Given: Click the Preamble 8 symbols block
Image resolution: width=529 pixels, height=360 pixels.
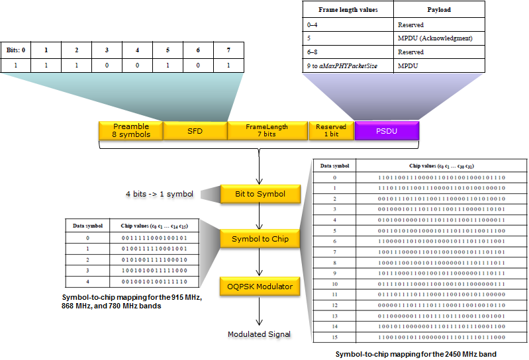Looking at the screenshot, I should [131, 130].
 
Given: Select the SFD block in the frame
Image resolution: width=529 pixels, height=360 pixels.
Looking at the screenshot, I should [195, 130].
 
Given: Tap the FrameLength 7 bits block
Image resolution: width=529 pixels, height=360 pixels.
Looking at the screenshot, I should [267, 130].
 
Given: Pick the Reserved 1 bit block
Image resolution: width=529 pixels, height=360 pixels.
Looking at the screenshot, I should [331, 130].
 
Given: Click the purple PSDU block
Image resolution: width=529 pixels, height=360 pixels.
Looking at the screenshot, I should [387, 130].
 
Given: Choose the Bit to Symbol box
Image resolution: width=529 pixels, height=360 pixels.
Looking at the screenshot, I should [260, 194].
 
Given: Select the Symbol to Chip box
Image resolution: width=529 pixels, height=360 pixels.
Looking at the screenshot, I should [260, 238].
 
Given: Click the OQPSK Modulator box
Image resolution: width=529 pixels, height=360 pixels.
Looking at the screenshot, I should [260, 287].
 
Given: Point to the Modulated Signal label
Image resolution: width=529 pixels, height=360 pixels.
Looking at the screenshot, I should [259, 334].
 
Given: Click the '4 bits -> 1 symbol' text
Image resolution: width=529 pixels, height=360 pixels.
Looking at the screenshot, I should [160, 194].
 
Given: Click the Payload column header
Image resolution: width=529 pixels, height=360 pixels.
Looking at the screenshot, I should [439, 10].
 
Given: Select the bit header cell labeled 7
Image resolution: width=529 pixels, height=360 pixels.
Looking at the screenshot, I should [229, 50].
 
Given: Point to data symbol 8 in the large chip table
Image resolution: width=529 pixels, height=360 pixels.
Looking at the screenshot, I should [334, 262].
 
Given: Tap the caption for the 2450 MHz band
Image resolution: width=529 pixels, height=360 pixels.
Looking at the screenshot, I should [415, 354].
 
